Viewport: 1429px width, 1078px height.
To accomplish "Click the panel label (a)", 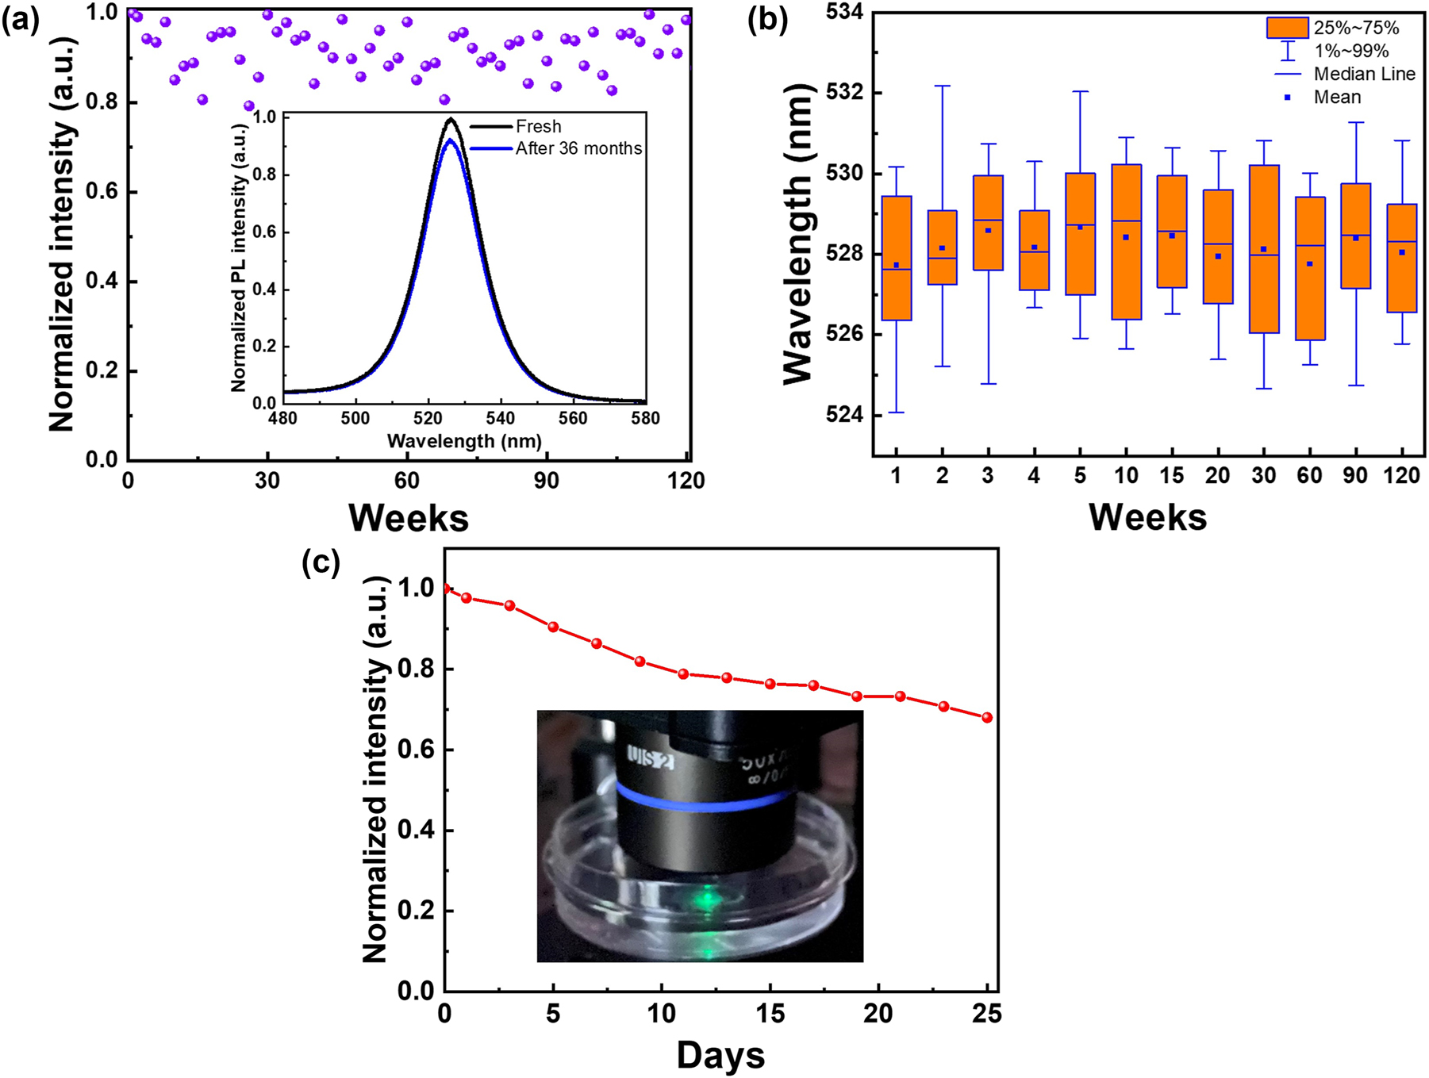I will pyautogui.click(x=20, y=21).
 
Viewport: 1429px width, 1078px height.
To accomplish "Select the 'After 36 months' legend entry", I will pyautogui.click(x=578, y=148).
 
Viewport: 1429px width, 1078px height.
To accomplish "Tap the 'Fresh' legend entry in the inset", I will pyautogui.click(x=538, y=126).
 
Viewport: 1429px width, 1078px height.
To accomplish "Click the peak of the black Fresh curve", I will pyautogui.click(x=451, y=120).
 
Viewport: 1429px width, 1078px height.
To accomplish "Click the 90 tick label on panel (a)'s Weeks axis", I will pyautogui.click(x=546, y=481).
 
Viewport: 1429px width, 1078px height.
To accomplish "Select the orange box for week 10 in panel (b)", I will pyautogui.click(x=1127, y=242).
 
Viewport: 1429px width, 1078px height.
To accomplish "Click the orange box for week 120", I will pyautogui.click(x=1402, y=258).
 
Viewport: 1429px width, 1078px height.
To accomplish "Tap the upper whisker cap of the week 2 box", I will pyautogui.click(x=943, y=86).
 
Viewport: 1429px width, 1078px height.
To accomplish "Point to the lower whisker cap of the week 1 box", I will pyautogui.click(x=897, y=412).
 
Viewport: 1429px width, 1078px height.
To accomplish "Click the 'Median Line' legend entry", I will pyautogui.click(x=1364, y=74).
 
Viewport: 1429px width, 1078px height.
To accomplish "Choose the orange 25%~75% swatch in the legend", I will pyautogui.click(x=1287, y=28).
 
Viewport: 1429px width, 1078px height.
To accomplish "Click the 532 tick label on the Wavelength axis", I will pyautogui.click(x=845, y=93).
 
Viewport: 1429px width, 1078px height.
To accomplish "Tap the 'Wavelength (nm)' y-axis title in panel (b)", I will pyautogui.click(x=799, y=234).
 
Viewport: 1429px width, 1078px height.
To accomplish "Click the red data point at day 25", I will pyautogui.click(x=987, y=717).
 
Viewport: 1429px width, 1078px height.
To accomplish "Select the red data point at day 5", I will pyautogui.click(x=553, y=627).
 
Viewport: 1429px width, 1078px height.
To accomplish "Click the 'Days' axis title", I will pyautogui.click(x=720, y=1055).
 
